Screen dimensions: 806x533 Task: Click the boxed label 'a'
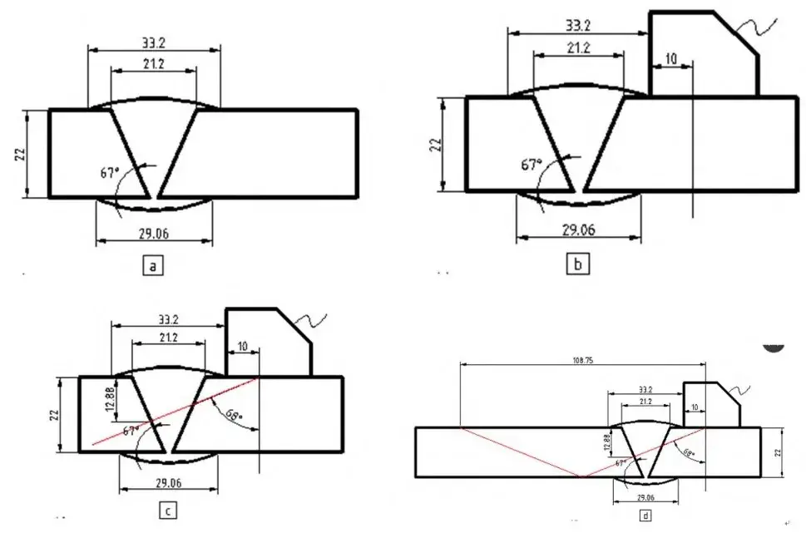[152, 266]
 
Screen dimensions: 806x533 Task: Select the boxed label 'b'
[576, 265]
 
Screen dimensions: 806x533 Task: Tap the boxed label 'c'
[168, 511]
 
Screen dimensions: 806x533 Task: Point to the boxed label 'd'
[645, 516]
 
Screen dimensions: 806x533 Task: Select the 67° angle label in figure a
[108, 173]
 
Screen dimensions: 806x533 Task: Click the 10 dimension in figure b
[671, 59]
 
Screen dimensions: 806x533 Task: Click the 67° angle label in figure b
[531, 165]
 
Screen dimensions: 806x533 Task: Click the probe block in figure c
[267, 341]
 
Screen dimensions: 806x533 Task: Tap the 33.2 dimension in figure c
[169, 318]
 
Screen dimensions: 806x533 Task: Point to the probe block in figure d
[710, 404]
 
